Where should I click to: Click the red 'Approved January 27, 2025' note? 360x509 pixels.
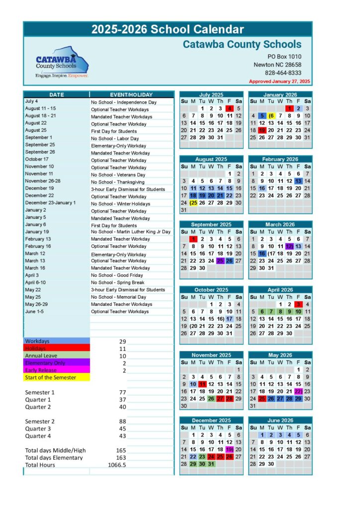[x=279, y=81]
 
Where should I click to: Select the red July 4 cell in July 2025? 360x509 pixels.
[x=229, y=108]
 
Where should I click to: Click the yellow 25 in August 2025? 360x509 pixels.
[x=193, y=203]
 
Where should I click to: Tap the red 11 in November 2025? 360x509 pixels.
[x=202, y=384]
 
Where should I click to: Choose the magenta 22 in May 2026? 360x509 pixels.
[x=298, y=392]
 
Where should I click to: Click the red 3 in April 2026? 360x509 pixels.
[x=298, y=304]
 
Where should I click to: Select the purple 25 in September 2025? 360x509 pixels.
[x=220, y=260]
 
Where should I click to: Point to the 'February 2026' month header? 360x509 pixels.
[x=280, y=160]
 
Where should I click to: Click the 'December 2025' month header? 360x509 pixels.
[x=211, y=421]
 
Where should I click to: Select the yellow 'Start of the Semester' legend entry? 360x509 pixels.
[x=50, y=377]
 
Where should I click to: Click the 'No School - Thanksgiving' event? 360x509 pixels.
[x=117, y=182]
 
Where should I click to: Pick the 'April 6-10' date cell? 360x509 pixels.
[x=36, y=282]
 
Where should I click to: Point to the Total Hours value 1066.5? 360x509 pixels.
[x=117, y=465]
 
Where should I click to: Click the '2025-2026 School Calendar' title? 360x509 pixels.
[x=168, y=29]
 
